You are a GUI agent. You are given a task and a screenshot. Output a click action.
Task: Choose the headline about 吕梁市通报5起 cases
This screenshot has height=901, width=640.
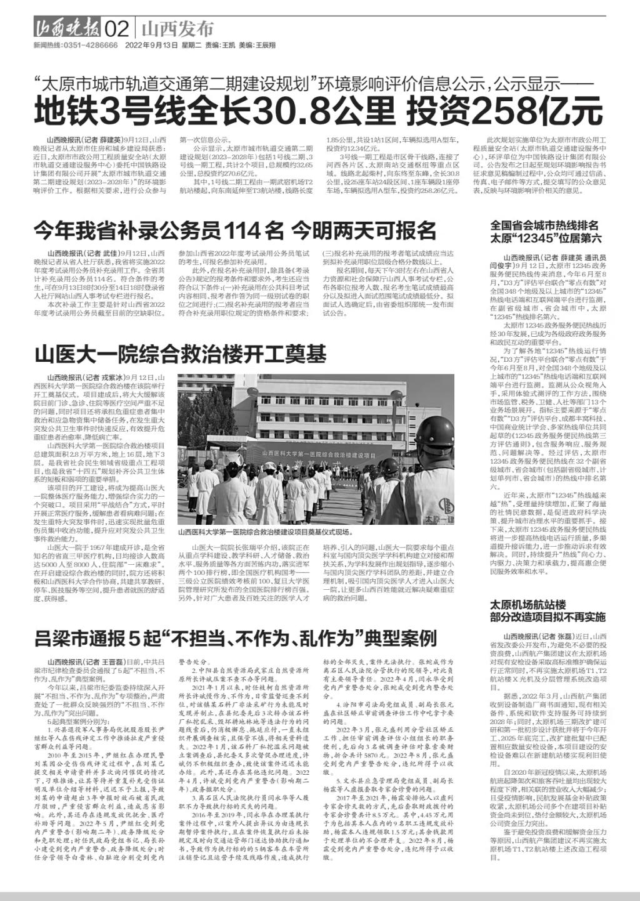point(235,638)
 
